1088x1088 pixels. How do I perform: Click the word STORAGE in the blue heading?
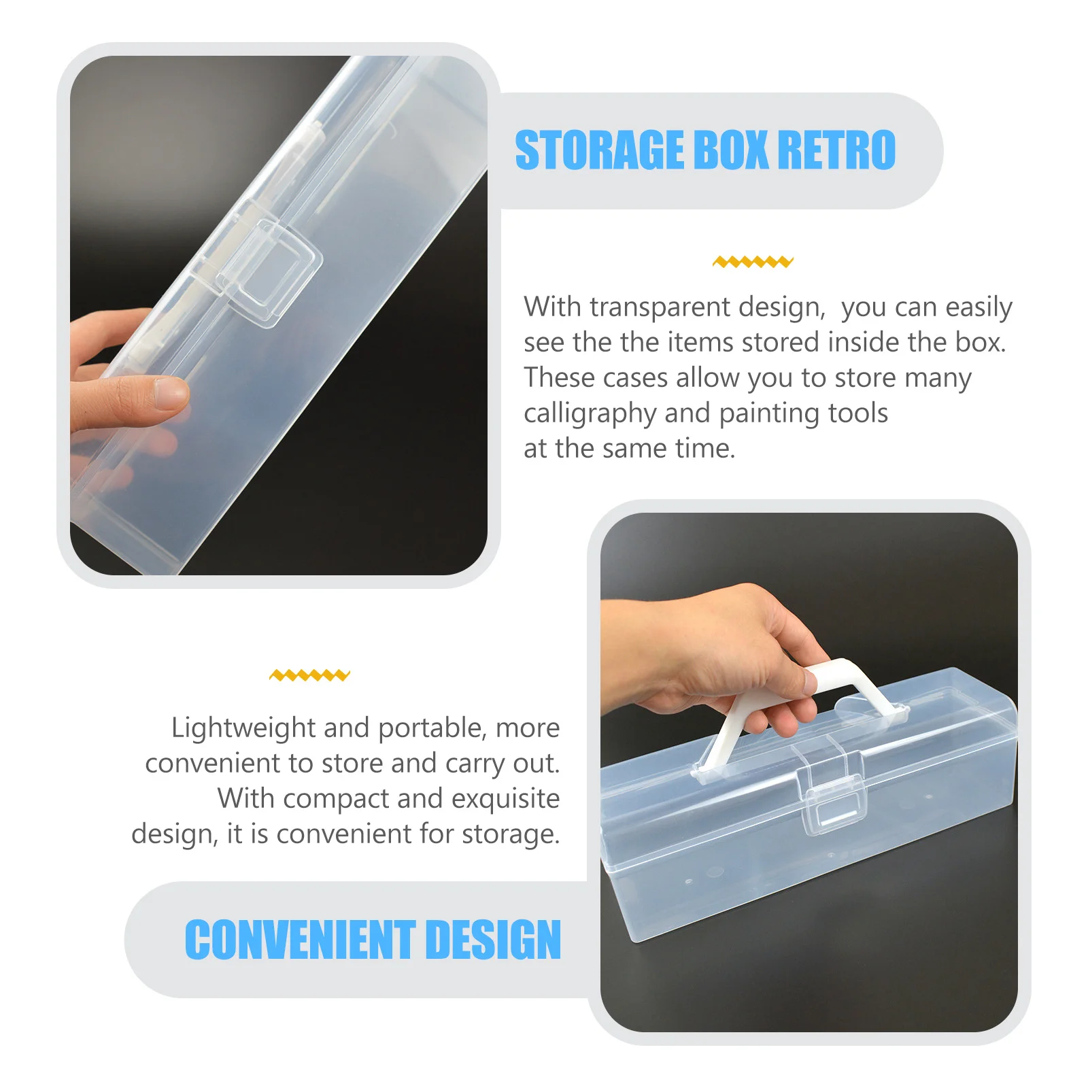(599, 150)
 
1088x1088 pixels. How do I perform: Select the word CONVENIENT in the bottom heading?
(300, 940)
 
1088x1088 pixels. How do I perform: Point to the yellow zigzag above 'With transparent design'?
(753, 262)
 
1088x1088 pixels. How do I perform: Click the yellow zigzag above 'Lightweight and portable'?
(309, 675)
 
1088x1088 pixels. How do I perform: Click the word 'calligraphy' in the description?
(589, 413)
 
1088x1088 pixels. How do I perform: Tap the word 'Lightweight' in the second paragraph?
(243, 728)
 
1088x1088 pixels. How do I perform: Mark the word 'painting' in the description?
(760, 413)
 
